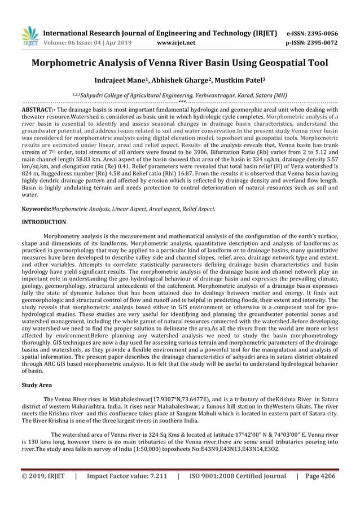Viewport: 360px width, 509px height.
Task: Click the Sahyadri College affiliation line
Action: [x=179, y=95]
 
